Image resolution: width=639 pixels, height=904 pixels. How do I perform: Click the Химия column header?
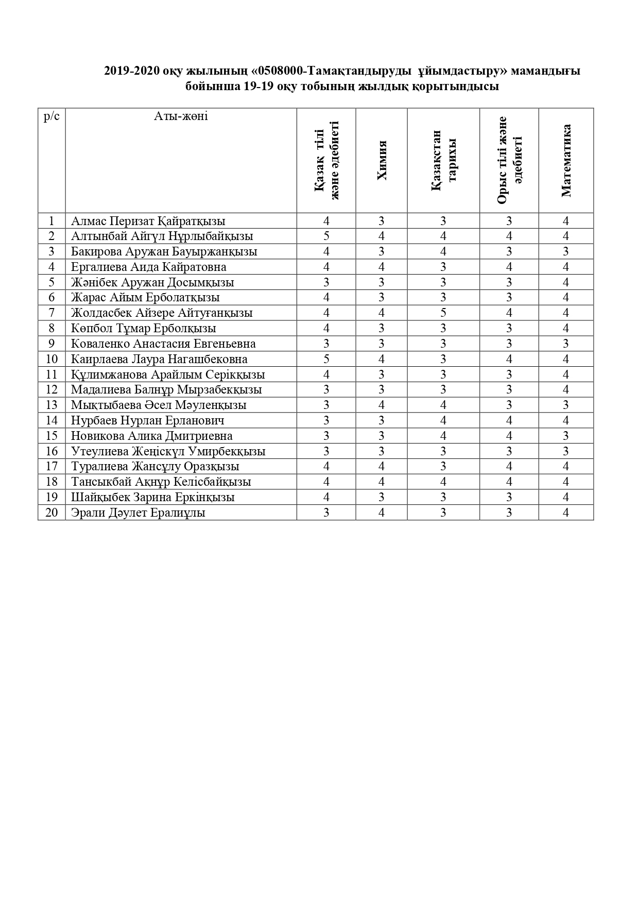pyautogui.click(x=382, y=161)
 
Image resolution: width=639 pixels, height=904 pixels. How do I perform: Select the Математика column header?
pyautogui.click(x=566, y=161)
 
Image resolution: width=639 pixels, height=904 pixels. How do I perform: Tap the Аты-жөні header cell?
pyautogui.click(x=181, y=116)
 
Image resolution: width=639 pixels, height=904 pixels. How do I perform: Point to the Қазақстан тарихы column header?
pyautogui.click(x=443, y=161)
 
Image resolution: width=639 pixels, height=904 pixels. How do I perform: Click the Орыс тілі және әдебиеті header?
pyautogui.click(x=509, y=161)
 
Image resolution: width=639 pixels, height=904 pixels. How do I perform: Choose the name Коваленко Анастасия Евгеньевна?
pyautogui.click(x=163, y=344)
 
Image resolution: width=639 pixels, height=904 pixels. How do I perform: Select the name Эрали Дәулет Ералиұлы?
pyautogui.click(x=138, y=513)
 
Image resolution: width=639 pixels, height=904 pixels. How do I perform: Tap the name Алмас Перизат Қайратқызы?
pyautogui.click(x=148, y=221)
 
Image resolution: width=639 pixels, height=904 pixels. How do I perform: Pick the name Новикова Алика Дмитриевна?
pyautogui.click(x=151, y=436)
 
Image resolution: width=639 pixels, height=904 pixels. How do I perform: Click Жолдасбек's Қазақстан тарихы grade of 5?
pyautogui.click(x=443, y=313)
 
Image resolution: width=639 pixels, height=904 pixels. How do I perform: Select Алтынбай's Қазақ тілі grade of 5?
pyautogui.click(x=326, y=236)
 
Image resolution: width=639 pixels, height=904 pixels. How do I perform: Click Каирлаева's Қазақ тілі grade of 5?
pyautogui.click(x=326, y=359)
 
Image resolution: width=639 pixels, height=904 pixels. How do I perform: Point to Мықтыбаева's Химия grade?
pyautogui.click(x=382, y=405)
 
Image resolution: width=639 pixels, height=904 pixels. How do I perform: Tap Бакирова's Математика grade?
pyautogui.click(x=566, y=252)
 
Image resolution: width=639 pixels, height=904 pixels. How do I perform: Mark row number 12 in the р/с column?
pyautogui.click(x=51, y=390)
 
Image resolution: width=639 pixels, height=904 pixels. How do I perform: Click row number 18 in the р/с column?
pyautogui.click(x=51, y=482)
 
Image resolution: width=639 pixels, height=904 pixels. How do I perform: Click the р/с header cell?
pyautogui.click(x=51, y=116)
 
